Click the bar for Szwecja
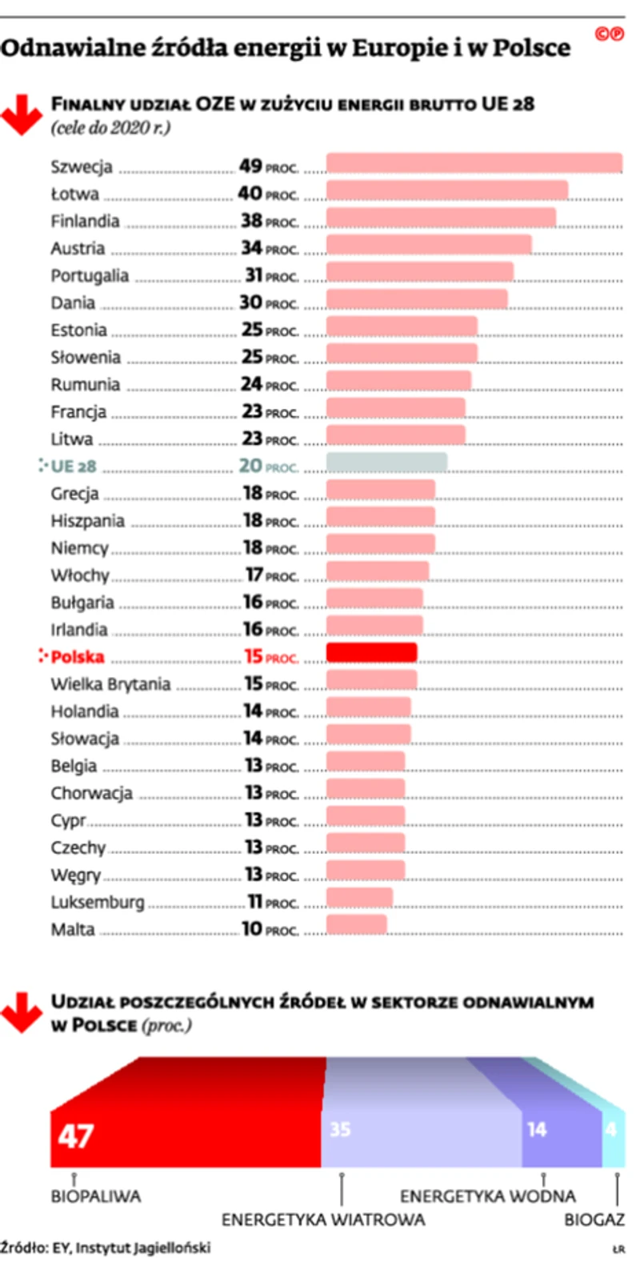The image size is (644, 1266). click(x=474, y=163)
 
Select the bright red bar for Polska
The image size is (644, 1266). click(x=372, y=653)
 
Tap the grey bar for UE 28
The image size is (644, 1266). click(x=386, y=463)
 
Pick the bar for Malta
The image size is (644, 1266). click(x=357, y=925)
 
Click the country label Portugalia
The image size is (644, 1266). click(x=90, y=276)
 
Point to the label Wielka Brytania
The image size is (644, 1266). click(x=110, y=684)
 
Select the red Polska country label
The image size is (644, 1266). click(x=78, y=657)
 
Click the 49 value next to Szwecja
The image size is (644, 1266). click(x=250, y=166)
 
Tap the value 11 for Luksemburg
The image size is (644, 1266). click(x=255, y=902)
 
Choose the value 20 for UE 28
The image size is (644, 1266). click(x=250, y=466)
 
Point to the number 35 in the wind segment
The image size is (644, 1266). click(x=340, y=1129)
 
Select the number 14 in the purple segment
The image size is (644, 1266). click(x=537, y=1129)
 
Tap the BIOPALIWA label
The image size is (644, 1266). click(x=95, y=1196)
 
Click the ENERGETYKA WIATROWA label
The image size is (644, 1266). click(x=323, y=1220)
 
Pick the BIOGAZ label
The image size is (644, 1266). click(x=594, y=1220)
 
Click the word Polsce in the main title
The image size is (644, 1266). click(x=531, y=48)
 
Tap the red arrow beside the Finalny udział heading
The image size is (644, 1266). click(x=21, y=114)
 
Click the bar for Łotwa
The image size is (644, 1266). click(x=447, y=190)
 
